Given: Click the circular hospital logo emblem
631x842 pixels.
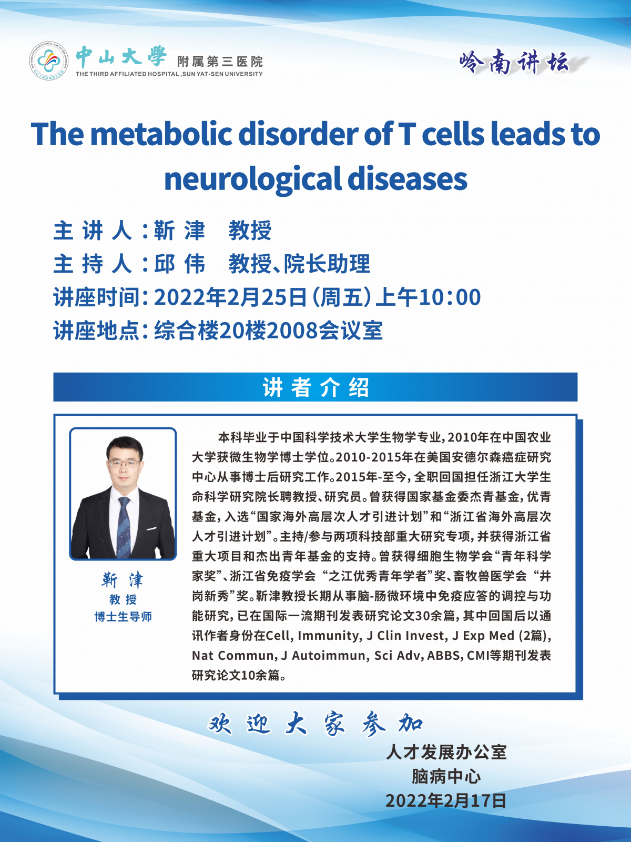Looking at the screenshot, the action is point(49,61).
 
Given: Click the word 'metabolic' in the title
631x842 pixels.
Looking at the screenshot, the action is point(161,134).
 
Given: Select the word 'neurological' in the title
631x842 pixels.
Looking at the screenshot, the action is point(252,179).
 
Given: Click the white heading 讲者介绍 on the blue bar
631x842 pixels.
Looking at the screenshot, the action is point(315,387).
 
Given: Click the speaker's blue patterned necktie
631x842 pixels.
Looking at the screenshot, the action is point(124,527).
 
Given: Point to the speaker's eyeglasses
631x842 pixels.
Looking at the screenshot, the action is point(124,463).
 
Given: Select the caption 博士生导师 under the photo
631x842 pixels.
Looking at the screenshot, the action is point(123,616).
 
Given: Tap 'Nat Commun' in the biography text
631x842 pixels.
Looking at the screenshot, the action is point(233,656).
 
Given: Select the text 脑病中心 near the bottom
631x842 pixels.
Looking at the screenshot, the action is point(446,776).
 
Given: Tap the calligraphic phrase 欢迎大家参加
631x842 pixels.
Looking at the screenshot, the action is point(315,724).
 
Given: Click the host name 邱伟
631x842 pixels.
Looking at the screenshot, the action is point(179,264).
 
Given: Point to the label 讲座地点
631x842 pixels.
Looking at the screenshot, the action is point(96,330).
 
